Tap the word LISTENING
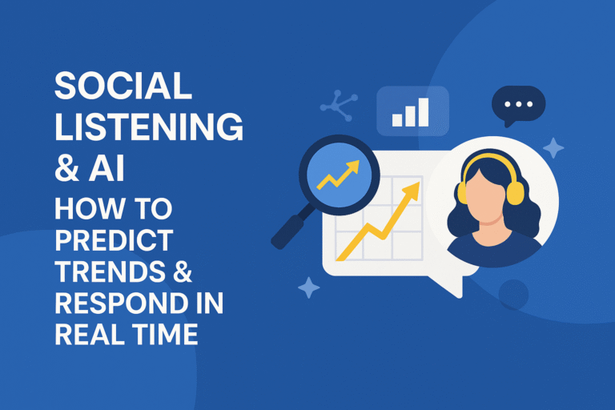point(149,128)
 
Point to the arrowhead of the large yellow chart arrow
point(413,190)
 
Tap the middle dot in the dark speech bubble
point(517,105)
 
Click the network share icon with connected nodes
point(336,105)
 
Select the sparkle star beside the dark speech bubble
point(553,147)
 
